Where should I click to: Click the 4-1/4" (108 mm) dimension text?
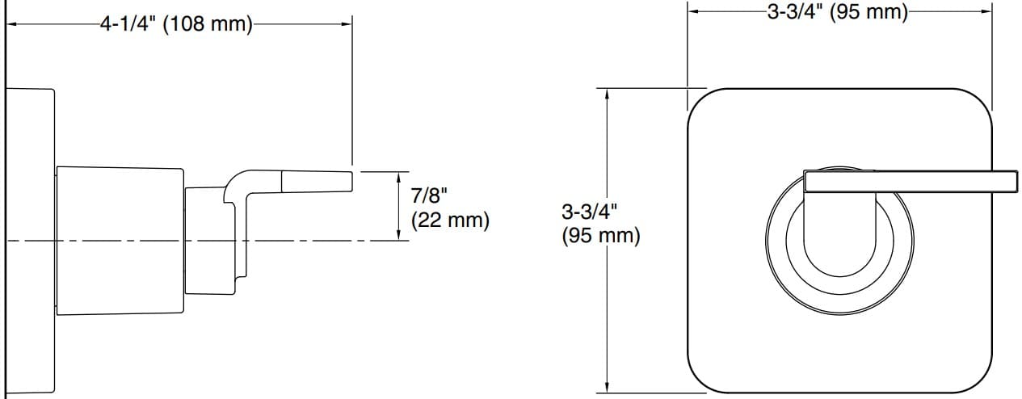[x=175, y=24]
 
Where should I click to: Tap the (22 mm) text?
[x=450, y=220]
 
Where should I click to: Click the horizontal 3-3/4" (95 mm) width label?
[x=838, y=12]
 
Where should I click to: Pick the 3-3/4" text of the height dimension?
[x=589, y=212]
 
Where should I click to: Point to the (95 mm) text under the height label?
[x=600, y=237]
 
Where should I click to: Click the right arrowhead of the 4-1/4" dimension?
[x=348, y=24]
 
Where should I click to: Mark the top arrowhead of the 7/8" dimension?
[x=399, y=176]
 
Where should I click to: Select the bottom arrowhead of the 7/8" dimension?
[x=399, y=235]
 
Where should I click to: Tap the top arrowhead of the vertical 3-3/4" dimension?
[x=608, y=92]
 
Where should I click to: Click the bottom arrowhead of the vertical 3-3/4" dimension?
[x=608, y=386]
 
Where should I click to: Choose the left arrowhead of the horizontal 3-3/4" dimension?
[x=692, y=11]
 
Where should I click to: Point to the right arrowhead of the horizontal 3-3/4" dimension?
[x=986, y=11]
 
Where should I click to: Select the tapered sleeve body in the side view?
[x=120, y=240]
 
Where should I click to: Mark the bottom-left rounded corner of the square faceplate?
[x=700, y=380]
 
